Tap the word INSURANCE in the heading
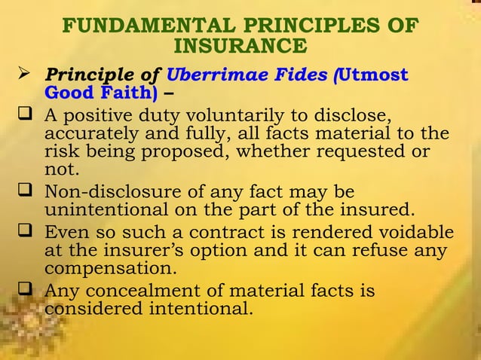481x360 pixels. (x=240, y=47)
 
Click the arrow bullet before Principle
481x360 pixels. (x=24, y=75)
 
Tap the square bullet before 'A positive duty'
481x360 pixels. (x=24, y=116)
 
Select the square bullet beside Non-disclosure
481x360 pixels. (x=24, y=191)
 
